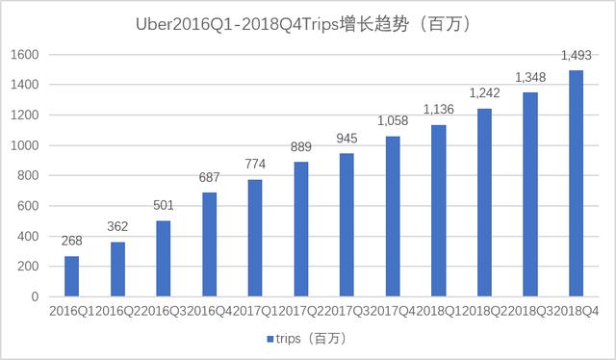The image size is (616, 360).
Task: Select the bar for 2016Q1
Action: coord(72,276)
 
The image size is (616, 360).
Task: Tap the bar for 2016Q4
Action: coord(210,244)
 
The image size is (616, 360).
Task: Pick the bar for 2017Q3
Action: coord(347,225)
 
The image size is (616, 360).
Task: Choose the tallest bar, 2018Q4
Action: coord(577,184)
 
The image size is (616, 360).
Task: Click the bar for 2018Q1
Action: coord(439,211)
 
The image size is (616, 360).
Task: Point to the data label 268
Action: coord(72,242)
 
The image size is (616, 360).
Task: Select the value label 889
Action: coord(301,148)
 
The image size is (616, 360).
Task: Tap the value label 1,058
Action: coord(393,122)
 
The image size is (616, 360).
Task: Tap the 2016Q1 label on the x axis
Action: coord(69,313)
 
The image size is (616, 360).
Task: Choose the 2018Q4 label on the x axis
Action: coord(577,313)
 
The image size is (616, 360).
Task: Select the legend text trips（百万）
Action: coord(309,340)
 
